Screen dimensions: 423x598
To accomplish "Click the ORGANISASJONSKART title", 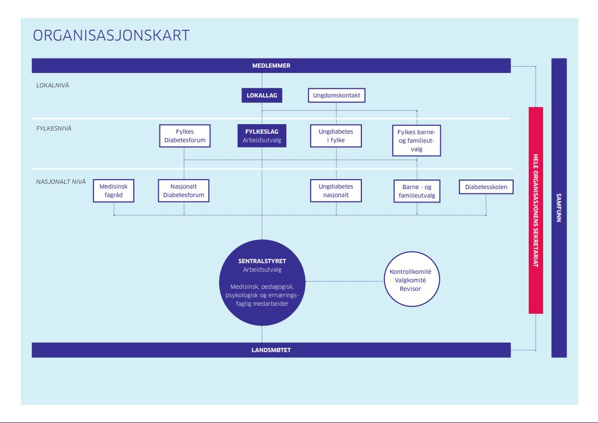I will click(x=111, y=36).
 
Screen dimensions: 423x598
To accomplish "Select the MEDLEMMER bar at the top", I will click(x=271, y=66).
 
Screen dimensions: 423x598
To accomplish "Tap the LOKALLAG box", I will click(x=261, y=95).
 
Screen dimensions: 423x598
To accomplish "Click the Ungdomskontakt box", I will click(x=336, y=95).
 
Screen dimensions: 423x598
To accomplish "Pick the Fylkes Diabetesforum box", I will click(x=185, y=136).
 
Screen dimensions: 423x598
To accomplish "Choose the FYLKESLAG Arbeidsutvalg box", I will click(x=262, y=136).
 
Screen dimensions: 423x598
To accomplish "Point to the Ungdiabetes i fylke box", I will click(x=336, y=136).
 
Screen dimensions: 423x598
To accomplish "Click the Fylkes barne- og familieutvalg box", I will click(x=417, y=140).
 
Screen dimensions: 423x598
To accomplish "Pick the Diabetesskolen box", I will click(x=486, y=187).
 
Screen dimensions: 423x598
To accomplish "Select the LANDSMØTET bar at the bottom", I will click(x=271, y=350).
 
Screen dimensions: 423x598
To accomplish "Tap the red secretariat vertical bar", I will click(x=536, y=210).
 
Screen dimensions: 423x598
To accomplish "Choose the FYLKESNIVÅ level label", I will click(x=54, y=128).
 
